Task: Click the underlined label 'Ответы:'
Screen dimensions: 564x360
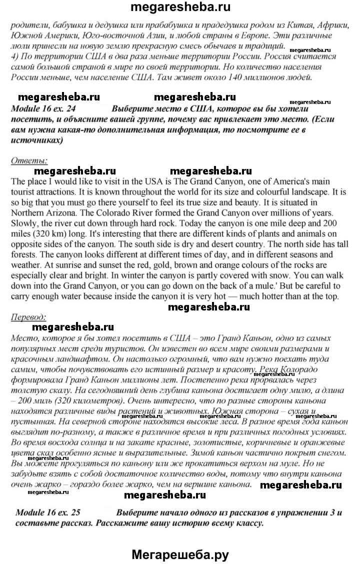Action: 29,160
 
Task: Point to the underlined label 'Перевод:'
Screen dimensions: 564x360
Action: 31,316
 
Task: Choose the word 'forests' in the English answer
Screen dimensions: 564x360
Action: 24,253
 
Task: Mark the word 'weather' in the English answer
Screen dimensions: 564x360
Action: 26,264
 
